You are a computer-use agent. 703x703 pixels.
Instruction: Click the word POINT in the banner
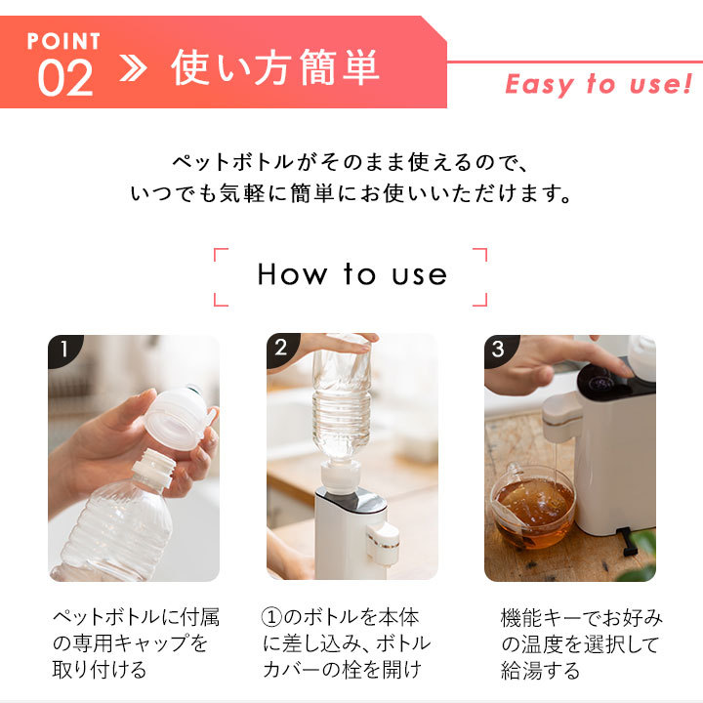click(x=63, y=41)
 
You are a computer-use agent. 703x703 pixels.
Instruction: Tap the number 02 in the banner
click(x=65, y=78)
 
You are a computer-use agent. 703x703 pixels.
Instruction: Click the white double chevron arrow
click(x=133, y=68)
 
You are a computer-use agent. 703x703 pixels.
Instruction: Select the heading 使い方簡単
click(x=274, y=67)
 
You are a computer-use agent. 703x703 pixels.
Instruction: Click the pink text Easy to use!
click(x=599, y=84)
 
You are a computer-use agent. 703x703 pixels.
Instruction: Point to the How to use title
click(x=351, y=274)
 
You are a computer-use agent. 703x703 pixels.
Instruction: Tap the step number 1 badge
click(x=64, y=349)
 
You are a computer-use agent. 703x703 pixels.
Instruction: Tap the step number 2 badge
click(x=281, y=348)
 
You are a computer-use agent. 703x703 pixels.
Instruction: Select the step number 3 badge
click(x=499, y=349)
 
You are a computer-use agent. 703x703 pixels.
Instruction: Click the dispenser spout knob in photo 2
click(x=383, y=543)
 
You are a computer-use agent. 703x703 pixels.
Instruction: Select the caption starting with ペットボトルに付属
click(x=136, y=643)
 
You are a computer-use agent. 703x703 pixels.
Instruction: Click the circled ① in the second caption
click(x=271, y=617)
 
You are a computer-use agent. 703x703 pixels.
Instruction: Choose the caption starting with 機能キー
click(x=582, y=644)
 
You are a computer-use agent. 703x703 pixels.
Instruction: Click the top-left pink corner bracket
click(x=221, y=254)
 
